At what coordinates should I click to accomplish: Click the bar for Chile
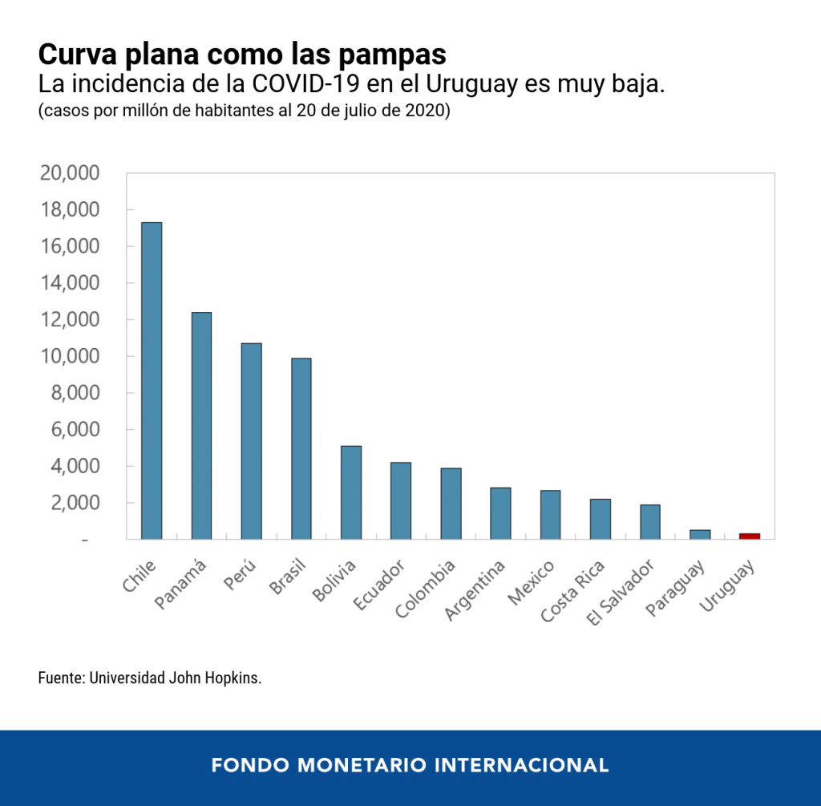pos(152,381)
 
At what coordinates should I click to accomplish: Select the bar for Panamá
pos(201,426)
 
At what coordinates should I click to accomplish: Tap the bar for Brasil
pos(301,448)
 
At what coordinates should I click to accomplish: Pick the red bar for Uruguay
pos(750,536)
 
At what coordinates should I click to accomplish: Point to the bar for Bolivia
pos(351,492)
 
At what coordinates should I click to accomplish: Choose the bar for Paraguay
pos(700,534)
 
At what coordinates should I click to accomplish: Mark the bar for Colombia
pos(451,504)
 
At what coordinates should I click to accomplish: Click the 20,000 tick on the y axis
pos(69,173)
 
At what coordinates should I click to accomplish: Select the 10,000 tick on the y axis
pos(69,356)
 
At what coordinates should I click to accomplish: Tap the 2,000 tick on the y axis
pos(74,503)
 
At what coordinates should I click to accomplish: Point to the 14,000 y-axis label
pos(69,283)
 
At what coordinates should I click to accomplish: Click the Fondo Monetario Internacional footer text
pos(410,764)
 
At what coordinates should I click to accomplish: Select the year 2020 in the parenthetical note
pos(430,111)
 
